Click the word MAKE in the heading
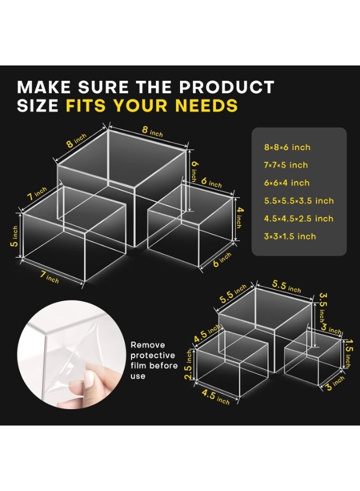44,87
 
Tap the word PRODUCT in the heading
227,87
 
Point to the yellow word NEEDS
207,105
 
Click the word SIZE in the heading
38,105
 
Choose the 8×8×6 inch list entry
287,147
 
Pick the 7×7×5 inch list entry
286,165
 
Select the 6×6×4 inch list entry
287,183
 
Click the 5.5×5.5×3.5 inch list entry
299,201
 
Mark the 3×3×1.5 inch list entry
290,236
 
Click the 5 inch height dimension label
14,236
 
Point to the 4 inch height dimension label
239,218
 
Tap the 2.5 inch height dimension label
189,365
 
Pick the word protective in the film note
153,356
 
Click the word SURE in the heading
103,87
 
